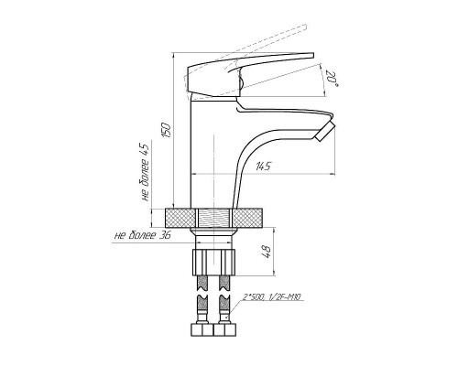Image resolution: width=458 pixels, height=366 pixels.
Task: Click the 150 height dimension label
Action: [166, 130]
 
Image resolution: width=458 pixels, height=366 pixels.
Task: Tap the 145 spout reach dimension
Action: [263, 167]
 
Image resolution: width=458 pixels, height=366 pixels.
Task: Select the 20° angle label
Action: [332, 79]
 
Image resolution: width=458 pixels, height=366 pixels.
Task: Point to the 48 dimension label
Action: [267, 252]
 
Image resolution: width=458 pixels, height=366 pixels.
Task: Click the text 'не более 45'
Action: [145, 172]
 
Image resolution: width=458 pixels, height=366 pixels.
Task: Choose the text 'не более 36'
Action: [142, 235]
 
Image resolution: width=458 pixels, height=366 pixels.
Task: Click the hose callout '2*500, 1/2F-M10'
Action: [272, 296]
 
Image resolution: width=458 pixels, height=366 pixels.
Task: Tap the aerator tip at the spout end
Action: [325, 131]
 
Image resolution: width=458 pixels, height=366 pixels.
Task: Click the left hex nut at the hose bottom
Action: [202, 330]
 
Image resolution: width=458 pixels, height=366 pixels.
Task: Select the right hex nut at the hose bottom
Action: [225, 330]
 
